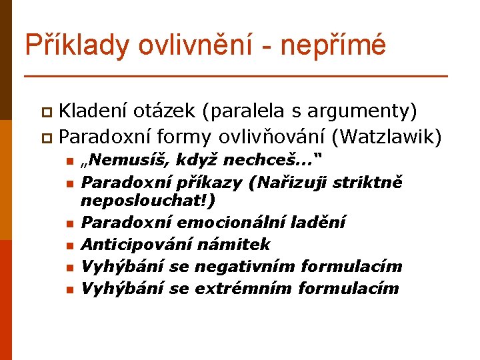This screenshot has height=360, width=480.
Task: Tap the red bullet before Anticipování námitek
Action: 69,246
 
